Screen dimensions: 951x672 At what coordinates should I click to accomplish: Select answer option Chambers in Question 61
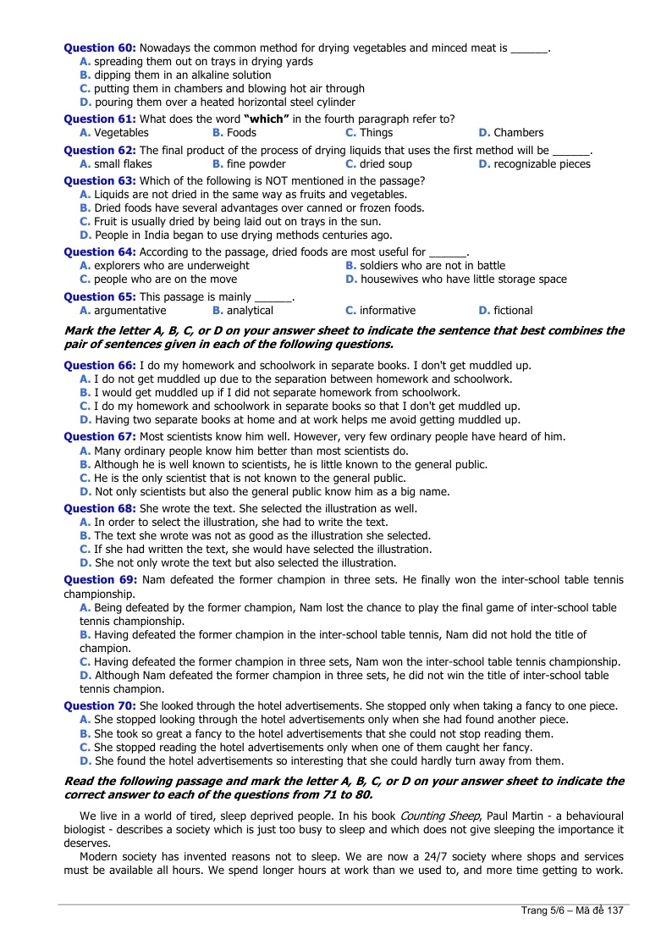(518, 133)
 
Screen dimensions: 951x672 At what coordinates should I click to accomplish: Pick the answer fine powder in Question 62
(256, 164)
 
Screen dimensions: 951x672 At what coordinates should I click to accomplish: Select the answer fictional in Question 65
(513, 311)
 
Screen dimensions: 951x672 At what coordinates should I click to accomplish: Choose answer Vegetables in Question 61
(121, 133)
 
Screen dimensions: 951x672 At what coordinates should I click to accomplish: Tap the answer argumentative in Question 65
(129, 311)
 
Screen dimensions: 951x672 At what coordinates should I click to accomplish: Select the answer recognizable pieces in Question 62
(542, 164)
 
